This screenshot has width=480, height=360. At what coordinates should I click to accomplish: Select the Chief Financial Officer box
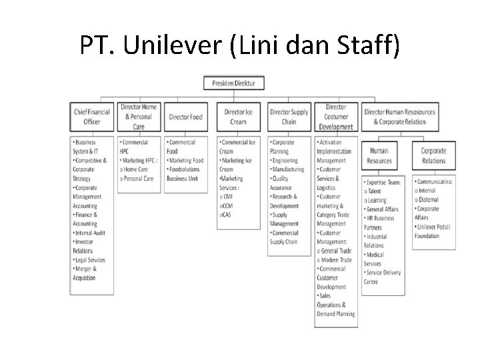coord(92,117)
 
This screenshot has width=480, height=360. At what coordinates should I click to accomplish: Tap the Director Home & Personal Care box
coord(139,117)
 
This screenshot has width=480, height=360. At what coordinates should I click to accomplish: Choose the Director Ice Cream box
coord(239,117)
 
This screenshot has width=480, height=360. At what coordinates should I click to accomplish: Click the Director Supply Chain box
coord(289,117)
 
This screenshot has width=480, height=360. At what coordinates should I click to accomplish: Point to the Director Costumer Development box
coord(336,117)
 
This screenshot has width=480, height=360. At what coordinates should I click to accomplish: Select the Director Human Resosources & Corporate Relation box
coord(400,117)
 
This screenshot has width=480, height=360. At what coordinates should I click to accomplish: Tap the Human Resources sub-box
coord(380,156)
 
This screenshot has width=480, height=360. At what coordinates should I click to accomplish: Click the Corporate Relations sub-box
coord(433,156)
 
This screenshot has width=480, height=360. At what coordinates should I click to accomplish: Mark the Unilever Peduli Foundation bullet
coord(433,231)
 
